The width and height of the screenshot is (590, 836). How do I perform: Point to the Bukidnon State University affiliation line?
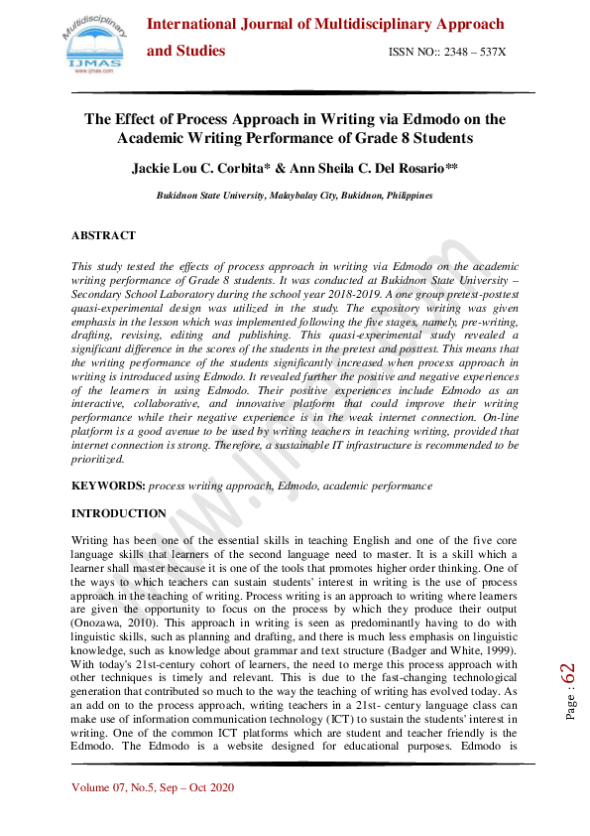coord(295,197)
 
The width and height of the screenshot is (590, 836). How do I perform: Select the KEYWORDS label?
coord(108,487)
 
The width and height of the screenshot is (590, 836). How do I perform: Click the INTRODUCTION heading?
coord(119,513)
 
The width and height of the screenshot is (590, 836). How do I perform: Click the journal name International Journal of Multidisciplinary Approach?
coord(325,24)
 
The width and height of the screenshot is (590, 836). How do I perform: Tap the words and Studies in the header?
coord(186,51)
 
